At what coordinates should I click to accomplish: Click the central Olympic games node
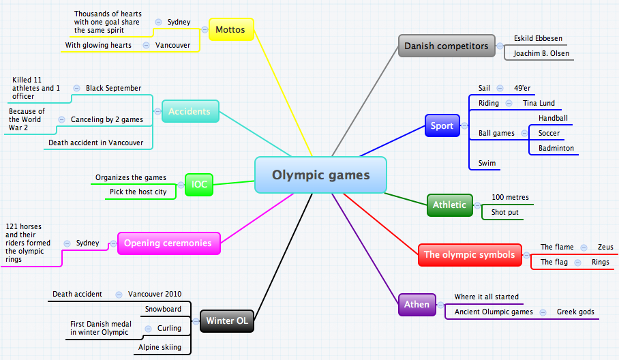tap(320, 175)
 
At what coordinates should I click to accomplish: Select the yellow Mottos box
tap(230, 29)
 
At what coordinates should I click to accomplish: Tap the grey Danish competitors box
tap(446, 46)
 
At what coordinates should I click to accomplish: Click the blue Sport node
tap(442, 125)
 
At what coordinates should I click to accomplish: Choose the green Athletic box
tap(449, 205)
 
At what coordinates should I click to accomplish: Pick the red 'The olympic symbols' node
tap(469, 254)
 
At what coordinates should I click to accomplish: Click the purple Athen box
tap(417, 304)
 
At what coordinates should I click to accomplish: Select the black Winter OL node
tap(227, 321)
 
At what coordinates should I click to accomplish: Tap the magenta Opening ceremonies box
tap(169, 243)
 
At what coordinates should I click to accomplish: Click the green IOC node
tap(199, 184)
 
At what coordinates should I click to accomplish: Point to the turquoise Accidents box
tap(190, 111)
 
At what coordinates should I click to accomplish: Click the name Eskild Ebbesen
tap(538, 39)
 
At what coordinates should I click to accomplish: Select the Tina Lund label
tap(539, 103)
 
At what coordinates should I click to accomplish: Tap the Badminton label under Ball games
tap(556, 148)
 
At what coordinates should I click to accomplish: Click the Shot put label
tap(505, 213)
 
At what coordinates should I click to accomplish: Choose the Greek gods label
tap(575, 312)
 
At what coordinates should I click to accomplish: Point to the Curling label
tap(169, 328)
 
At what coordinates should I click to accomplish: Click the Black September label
tap(113, 88)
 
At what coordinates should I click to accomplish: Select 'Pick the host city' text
tap(138, 192)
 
